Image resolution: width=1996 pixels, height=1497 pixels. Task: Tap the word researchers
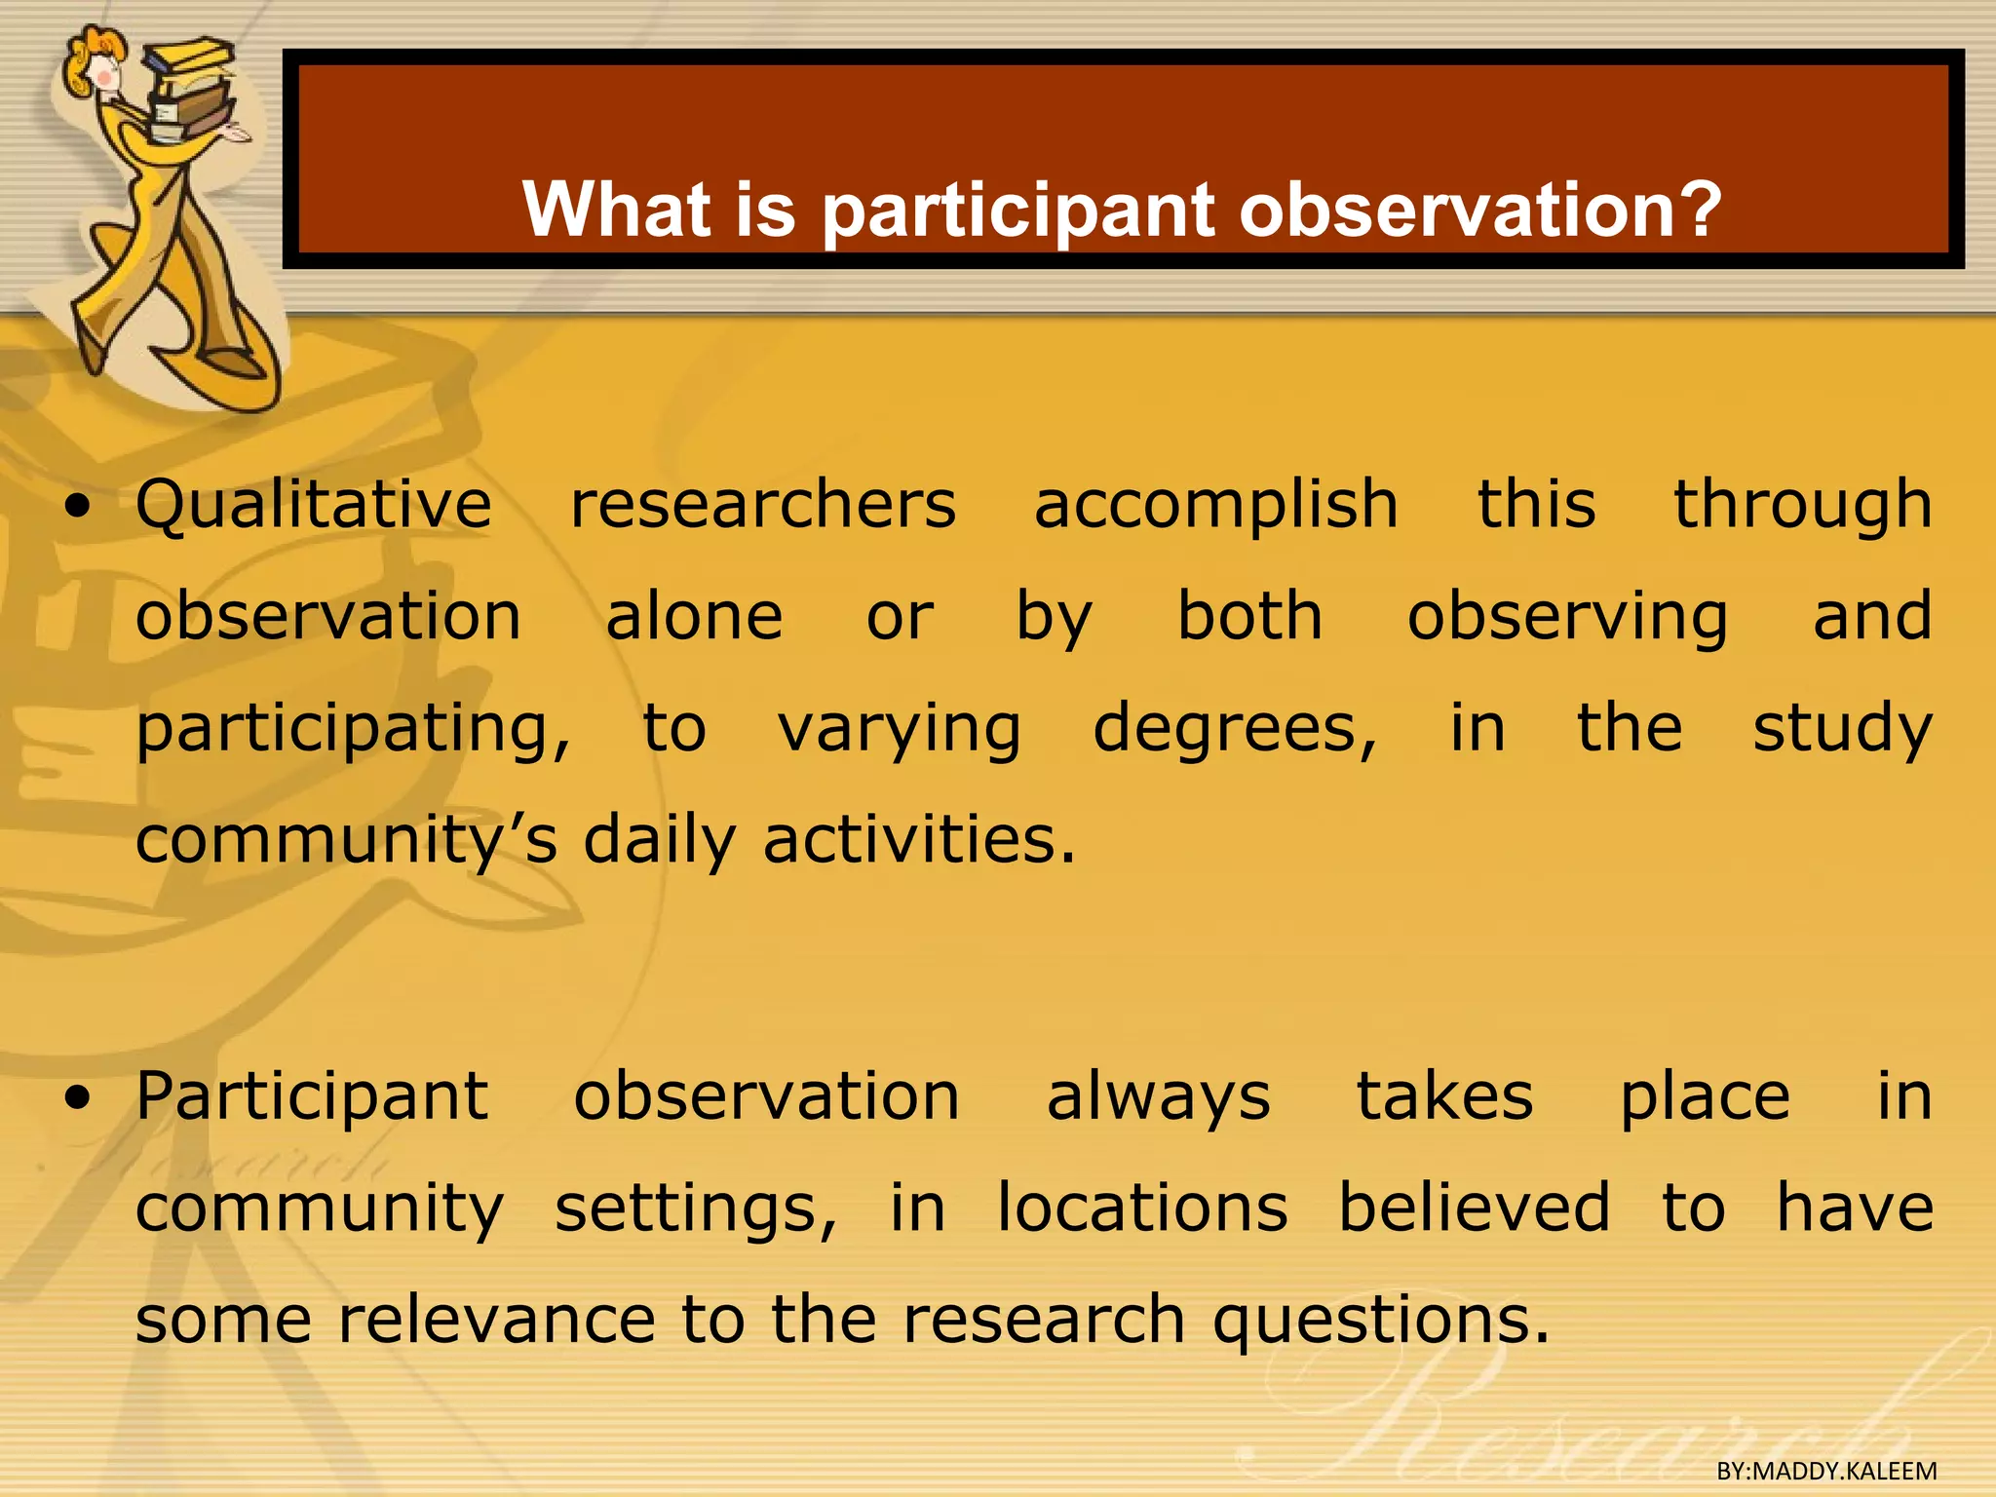(763, 505)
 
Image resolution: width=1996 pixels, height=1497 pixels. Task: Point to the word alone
(694, 617)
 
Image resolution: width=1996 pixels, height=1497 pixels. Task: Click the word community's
(346, 841)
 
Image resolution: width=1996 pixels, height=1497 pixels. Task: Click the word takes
(1444, 1096)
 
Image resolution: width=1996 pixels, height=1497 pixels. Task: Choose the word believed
(1474, 1208)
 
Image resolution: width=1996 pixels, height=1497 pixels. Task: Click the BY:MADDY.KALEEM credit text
(1826, 1471)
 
